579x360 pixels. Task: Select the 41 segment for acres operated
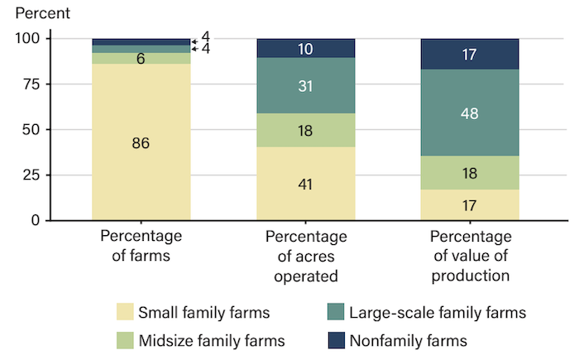pyautogui.click(x=306, y=184)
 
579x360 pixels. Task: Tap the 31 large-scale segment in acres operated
pyautogui.click(x=306, y=85)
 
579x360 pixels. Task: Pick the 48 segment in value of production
pyautogui.click(x=470, y=113)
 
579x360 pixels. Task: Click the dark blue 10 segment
pyautogui.click(x=306, y=49)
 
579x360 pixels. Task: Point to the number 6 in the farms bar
pyautogui.click(x=141, y=59)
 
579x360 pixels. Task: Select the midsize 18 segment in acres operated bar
pyautogui.click(x=306, y=130)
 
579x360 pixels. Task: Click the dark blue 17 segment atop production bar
pyautogui.click(x=470, y=54)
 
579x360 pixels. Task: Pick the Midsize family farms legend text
pyautogui.click(x=211, y=340)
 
